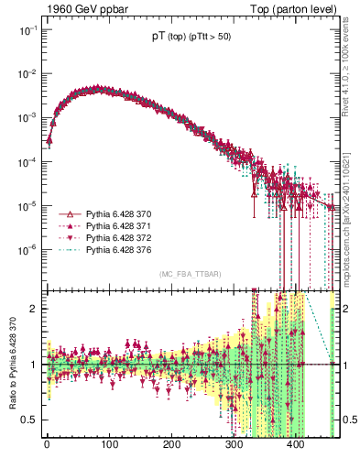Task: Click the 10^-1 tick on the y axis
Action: click(27, 30)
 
